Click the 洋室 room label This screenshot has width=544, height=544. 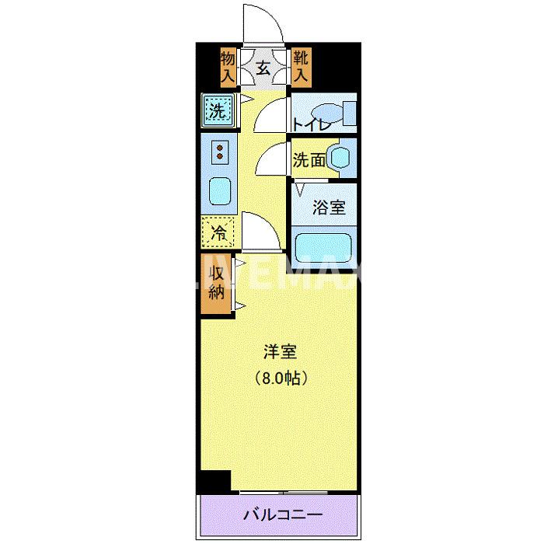(279, 352)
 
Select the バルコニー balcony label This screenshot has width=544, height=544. (282, 514)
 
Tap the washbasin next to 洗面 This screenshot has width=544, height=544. (340, 156)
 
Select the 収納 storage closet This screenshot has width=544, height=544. (217, 284)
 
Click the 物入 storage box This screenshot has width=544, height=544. (228, 67)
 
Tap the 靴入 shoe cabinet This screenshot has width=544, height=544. (301, 67)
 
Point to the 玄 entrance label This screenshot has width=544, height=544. (263, 68)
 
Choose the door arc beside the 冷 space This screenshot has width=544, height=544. (256, 229)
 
